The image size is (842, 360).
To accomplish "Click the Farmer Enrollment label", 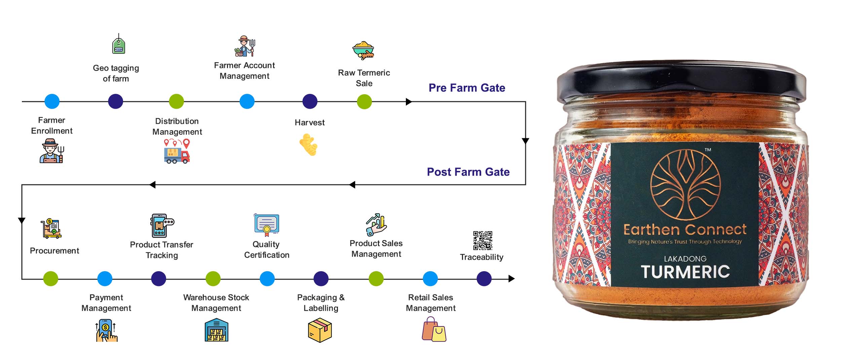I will [52, 125].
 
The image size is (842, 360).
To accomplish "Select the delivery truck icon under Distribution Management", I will [177, 152].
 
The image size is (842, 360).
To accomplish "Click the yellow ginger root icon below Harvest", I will [309, 145].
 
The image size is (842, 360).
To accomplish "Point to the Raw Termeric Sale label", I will [364, 78].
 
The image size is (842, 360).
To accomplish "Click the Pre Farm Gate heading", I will [467, 88].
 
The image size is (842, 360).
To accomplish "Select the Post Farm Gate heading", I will [468, 172].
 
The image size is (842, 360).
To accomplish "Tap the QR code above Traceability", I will [483, 240].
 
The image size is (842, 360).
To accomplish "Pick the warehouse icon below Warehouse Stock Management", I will [216, 330].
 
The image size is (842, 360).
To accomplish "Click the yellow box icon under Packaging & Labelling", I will [320, 331].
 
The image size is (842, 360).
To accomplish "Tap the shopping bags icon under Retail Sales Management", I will [434, 330].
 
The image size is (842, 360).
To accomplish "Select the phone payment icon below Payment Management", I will [106, 330].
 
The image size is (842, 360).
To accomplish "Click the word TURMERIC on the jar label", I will [685, 272].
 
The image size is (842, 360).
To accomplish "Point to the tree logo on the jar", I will [685, 185].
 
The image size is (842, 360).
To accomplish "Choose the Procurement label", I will [54, 251].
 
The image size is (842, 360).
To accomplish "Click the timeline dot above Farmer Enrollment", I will [52, 101].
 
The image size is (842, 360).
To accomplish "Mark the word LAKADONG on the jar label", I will [685, 259].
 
